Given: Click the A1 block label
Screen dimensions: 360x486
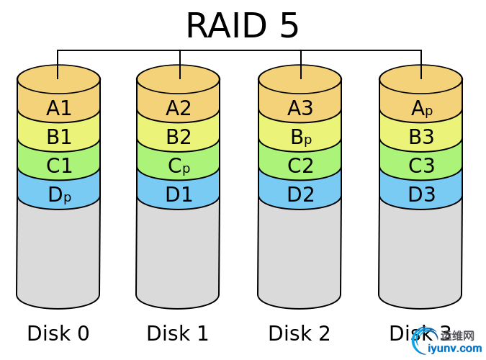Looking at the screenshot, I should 59,108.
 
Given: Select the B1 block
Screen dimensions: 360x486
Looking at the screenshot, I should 59,137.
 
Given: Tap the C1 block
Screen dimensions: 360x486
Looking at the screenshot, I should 59,166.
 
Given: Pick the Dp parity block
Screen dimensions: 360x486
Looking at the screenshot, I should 59,194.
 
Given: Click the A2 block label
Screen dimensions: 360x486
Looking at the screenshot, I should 179,108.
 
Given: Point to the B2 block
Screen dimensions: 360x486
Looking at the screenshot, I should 179,137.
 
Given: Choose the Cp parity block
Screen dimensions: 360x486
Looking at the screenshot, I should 179,166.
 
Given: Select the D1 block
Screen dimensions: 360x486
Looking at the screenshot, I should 179,194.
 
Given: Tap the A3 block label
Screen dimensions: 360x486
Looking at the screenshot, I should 300,108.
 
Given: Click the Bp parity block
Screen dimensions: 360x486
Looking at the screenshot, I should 300,137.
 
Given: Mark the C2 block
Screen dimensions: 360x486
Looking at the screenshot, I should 300,166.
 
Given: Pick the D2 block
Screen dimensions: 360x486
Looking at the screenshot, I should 300,194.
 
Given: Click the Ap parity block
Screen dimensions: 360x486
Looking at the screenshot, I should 421,108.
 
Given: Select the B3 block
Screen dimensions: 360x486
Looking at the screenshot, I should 421,137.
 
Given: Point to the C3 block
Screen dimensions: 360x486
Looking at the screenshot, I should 421,166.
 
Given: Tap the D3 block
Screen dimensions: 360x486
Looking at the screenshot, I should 421,194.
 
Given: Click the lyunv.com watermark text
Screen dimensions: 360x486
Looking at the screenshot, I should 454,348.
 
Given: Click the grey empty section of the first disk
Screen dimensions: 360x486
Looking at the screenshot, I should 58,252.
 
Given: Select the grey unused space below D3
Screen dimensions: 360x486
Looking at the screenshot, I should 421,252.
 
